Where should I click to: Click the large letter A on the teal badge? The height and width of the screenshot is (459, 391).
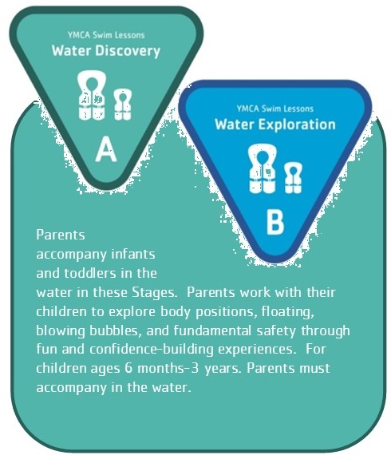click(x=106, y=150)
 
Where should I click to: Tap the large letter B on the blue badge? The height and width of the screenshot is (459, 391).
click(x=275, y=222)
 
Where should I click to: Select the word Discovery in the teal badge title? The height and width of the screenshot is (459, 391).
click(x=128, y=51)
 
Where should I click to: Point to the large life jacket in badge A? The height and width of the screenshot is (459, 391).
click(x=91, y=96)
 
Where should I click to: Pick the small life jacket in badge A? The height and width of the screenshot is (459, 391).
click(x=123, y=105)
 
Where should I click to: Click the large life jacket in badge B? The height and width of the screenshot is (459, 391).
click(x=263, y=169)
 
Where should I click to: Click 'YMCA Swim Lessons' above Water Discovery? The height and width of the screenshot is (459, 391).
click(x=106, y=35)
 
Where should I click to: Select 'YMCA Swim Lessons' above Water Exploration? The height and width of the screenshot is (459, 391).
click(x=275, y=109)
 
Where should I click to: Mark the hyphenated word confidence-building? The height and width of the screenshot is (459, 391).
click(x=152, y=349)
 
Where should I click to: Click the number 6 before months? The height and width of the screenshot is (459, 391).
click(x=128, y=368)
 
